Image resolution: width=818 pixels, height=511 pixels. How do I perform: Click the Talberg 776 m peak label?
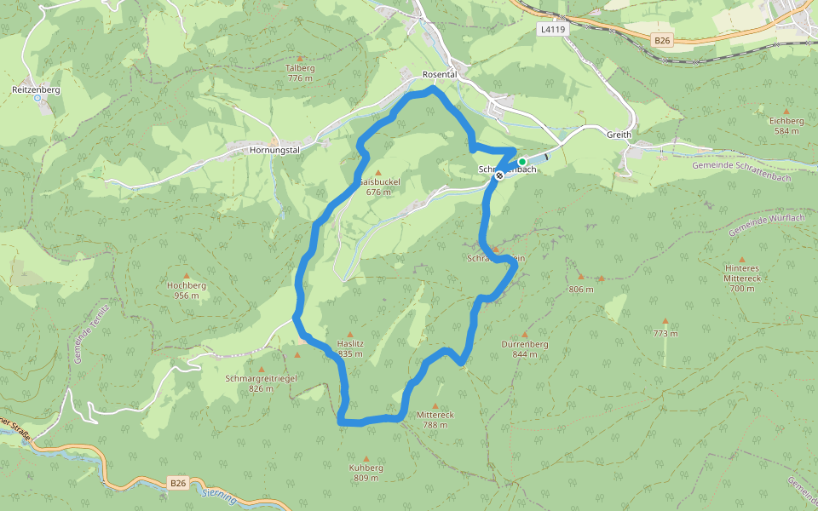[x=300, y=72]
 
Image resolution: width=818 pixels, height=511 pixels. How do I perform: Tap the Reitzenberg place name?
[x=36, y=89]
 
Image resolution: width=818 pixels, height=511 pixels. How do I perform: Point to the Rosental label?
[x=441, y=75]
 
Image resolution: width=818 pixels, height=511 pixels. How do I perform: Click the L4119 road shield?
[x=552, y=29]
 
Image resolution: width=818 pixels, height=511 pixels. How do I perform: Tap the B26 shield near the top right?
[x=664, y=40]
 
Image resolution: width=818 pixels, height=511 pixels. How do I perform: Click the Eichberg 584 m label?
[x=786, y=126]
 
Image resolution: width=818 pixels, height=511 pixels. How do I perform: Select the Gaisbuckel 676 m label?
[x=378, y=187]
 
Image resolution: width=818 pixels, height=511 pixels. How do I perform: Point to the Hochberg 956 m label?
[x=187, y=290]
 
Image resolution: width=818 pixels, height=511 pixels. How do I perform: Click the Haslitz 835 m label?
[x=350, y=348]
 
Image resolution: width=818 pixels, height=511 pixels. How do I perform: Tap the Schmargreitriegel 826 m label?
[x=261, y=383]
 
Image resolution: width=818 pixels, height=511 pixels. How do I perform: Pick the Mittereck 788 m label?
[x=435, y=420]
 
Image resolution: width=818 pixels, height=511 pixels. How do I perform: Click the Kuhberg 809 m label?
[x=366, y=473]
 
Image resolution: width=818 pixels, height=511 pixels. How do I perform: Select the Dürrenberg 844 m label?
[x=524, y=348]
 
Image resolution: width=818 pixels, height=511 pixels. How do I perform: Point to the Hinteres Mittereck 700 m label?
[x=741, y=278]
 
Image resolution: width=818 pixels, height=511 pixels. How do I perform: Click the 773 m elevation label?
[x=665, y=333]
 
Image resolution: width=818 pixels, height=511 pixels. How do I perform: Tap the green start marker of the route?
[x=521, y=162]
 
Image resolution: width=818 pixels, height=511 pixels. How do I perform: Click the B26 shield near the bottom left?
[x=177, y=483]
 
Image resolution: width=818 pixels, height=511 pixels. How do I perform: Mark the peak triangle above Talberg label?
[x=300, y=57]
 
